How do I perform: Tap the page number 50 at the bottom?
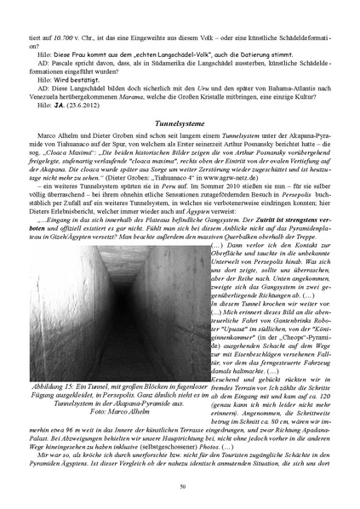180,485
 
